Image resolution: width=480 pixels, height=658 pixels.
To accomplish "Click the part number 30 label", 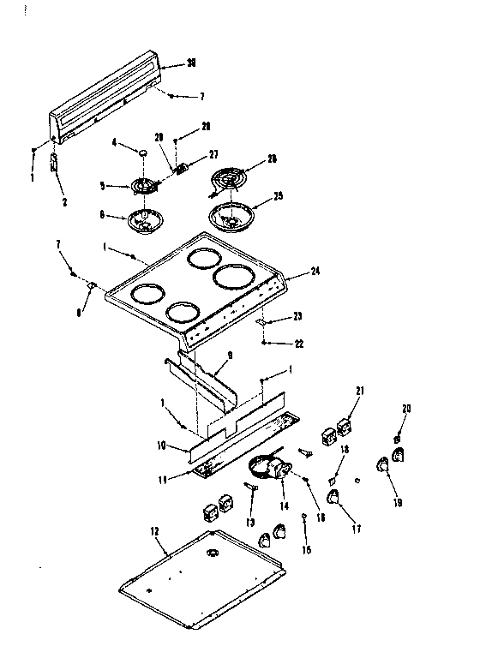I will pyautogui.click(x=191, y=63).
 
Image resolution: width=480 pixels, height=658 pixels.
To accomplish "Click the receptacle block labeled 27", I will pyautogui.click(x=182, y=169).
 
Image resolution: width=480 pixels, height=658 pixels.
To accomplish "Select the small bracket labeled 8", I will pyautogui.click(x=92, y=286).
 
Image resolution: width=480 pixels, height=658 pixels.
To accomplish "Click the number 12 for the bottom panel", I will pyautogui.click(x=156, y=532).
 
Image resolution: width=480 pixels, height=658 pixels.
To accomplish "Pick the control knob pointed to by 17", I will pyautogui.click(x=333, y=496).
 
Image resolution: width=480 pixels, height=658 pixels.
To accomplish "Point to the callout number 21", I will pyautogui.click(x=361, y=391).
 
